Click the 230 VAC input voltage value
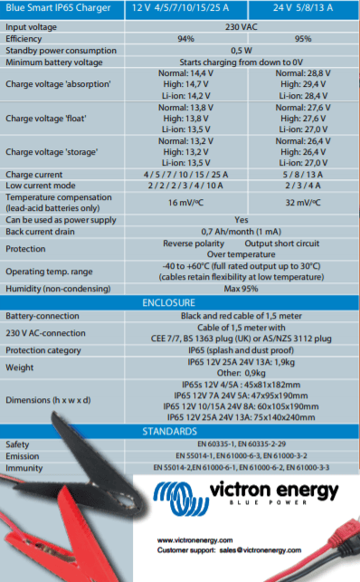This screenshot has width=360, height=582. point(242,27)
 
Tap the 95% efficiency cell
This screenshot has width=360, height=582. point(302,39)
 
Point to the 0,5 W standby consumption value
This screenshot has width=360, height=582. point(242,50)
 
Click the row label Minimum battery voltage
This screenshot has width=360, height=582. point(55,62)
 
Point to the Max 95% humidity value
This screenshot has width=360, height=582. point(242,288)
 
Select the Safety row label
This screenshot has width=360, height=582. point(18,444)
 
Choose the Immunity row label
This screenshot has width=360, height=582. point(24,467)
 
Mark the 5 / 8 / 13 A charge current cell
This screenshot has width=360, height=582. point(302,174)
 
